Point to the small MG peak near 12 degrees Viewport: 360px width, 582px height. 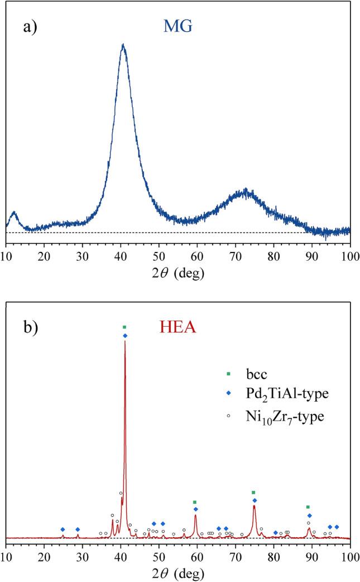click(x=14, y=212)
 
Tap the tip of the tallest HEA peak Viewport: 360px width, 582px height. click(x=125, y=341)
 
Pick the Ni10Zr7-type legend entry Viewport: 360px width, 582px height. click(x=279, y=416)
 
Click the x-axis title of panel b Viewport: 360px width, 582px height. click(x=177, y=573)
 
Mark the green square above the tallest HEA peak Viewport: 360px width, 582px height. click(x=124, y=327)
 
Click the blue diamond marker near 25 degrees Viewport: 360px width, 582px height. click(x=63, y=529)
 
